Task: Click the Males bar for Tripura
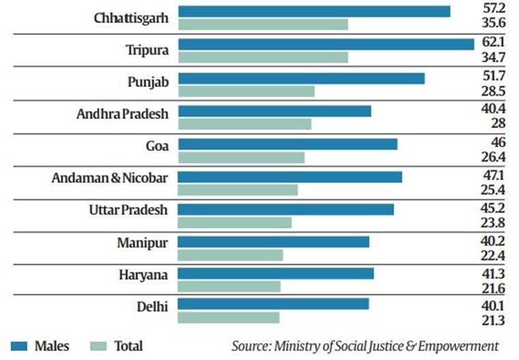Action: click(325, 44)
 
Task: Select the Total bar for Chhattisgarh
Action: click(263, 25)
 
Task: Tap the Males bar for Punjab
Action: click(301, 78)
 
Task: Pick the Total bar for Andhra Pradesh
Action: click(244, 124)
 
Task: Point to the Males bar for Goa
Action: click(287, 144)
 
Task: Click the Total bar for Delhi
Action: click(228, 318)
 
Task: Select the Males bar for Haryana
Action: click(276, 273)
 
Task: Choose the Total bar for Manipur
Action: click(230, 255)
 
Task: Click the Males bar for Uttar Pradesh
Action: click(286, 209)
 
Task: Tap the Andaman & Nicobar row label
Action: click(109, 178)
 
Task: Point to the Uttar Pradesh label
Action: click(128, 210)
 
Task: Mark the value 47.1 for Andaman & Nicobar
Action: click(493, 176)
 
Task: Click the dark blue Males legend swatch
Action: click(22, 346)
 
